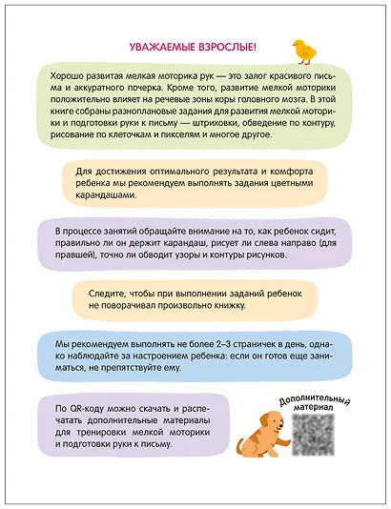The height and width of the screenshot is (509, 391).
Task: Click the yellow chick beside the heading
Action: (x=305, y=49)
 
